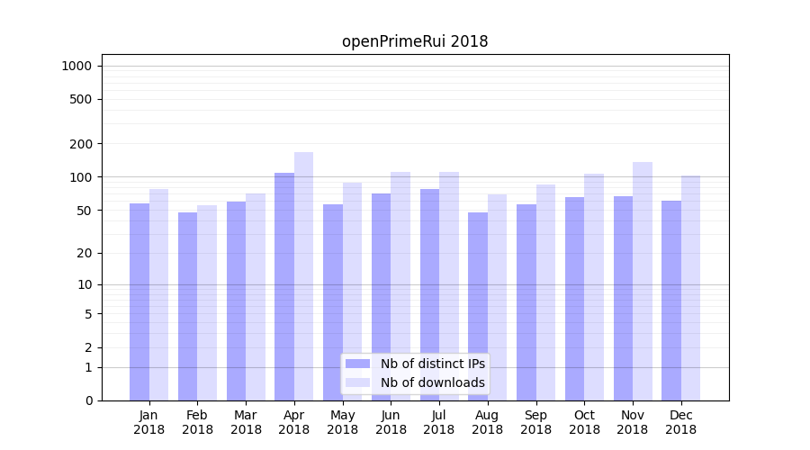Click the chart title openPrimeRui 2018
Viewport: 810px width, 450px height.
[x=415, y=41]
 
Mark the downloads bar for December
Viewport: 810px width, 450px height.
[x=690, y=288]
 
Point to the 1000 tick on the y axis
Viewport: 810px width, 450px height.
[x=77, y=66]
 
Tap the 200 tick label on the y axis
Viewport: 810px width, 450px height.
[x=81, y=144]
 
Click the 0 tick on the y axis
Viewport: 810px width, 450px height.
[x=88, y=400]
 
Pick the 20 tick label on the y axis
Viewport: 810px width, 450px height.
[x=85, y=253]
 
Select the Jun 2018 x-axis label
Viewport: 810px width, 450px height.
[x=391, y=422]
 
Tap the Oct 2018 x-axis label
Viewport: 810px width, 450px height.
[x=584, y=422]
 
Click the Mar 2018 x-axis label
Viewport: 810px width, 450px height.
[x=246, y=422]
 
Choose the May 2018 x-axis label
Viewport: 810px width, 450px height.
[x=342, y=422]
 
